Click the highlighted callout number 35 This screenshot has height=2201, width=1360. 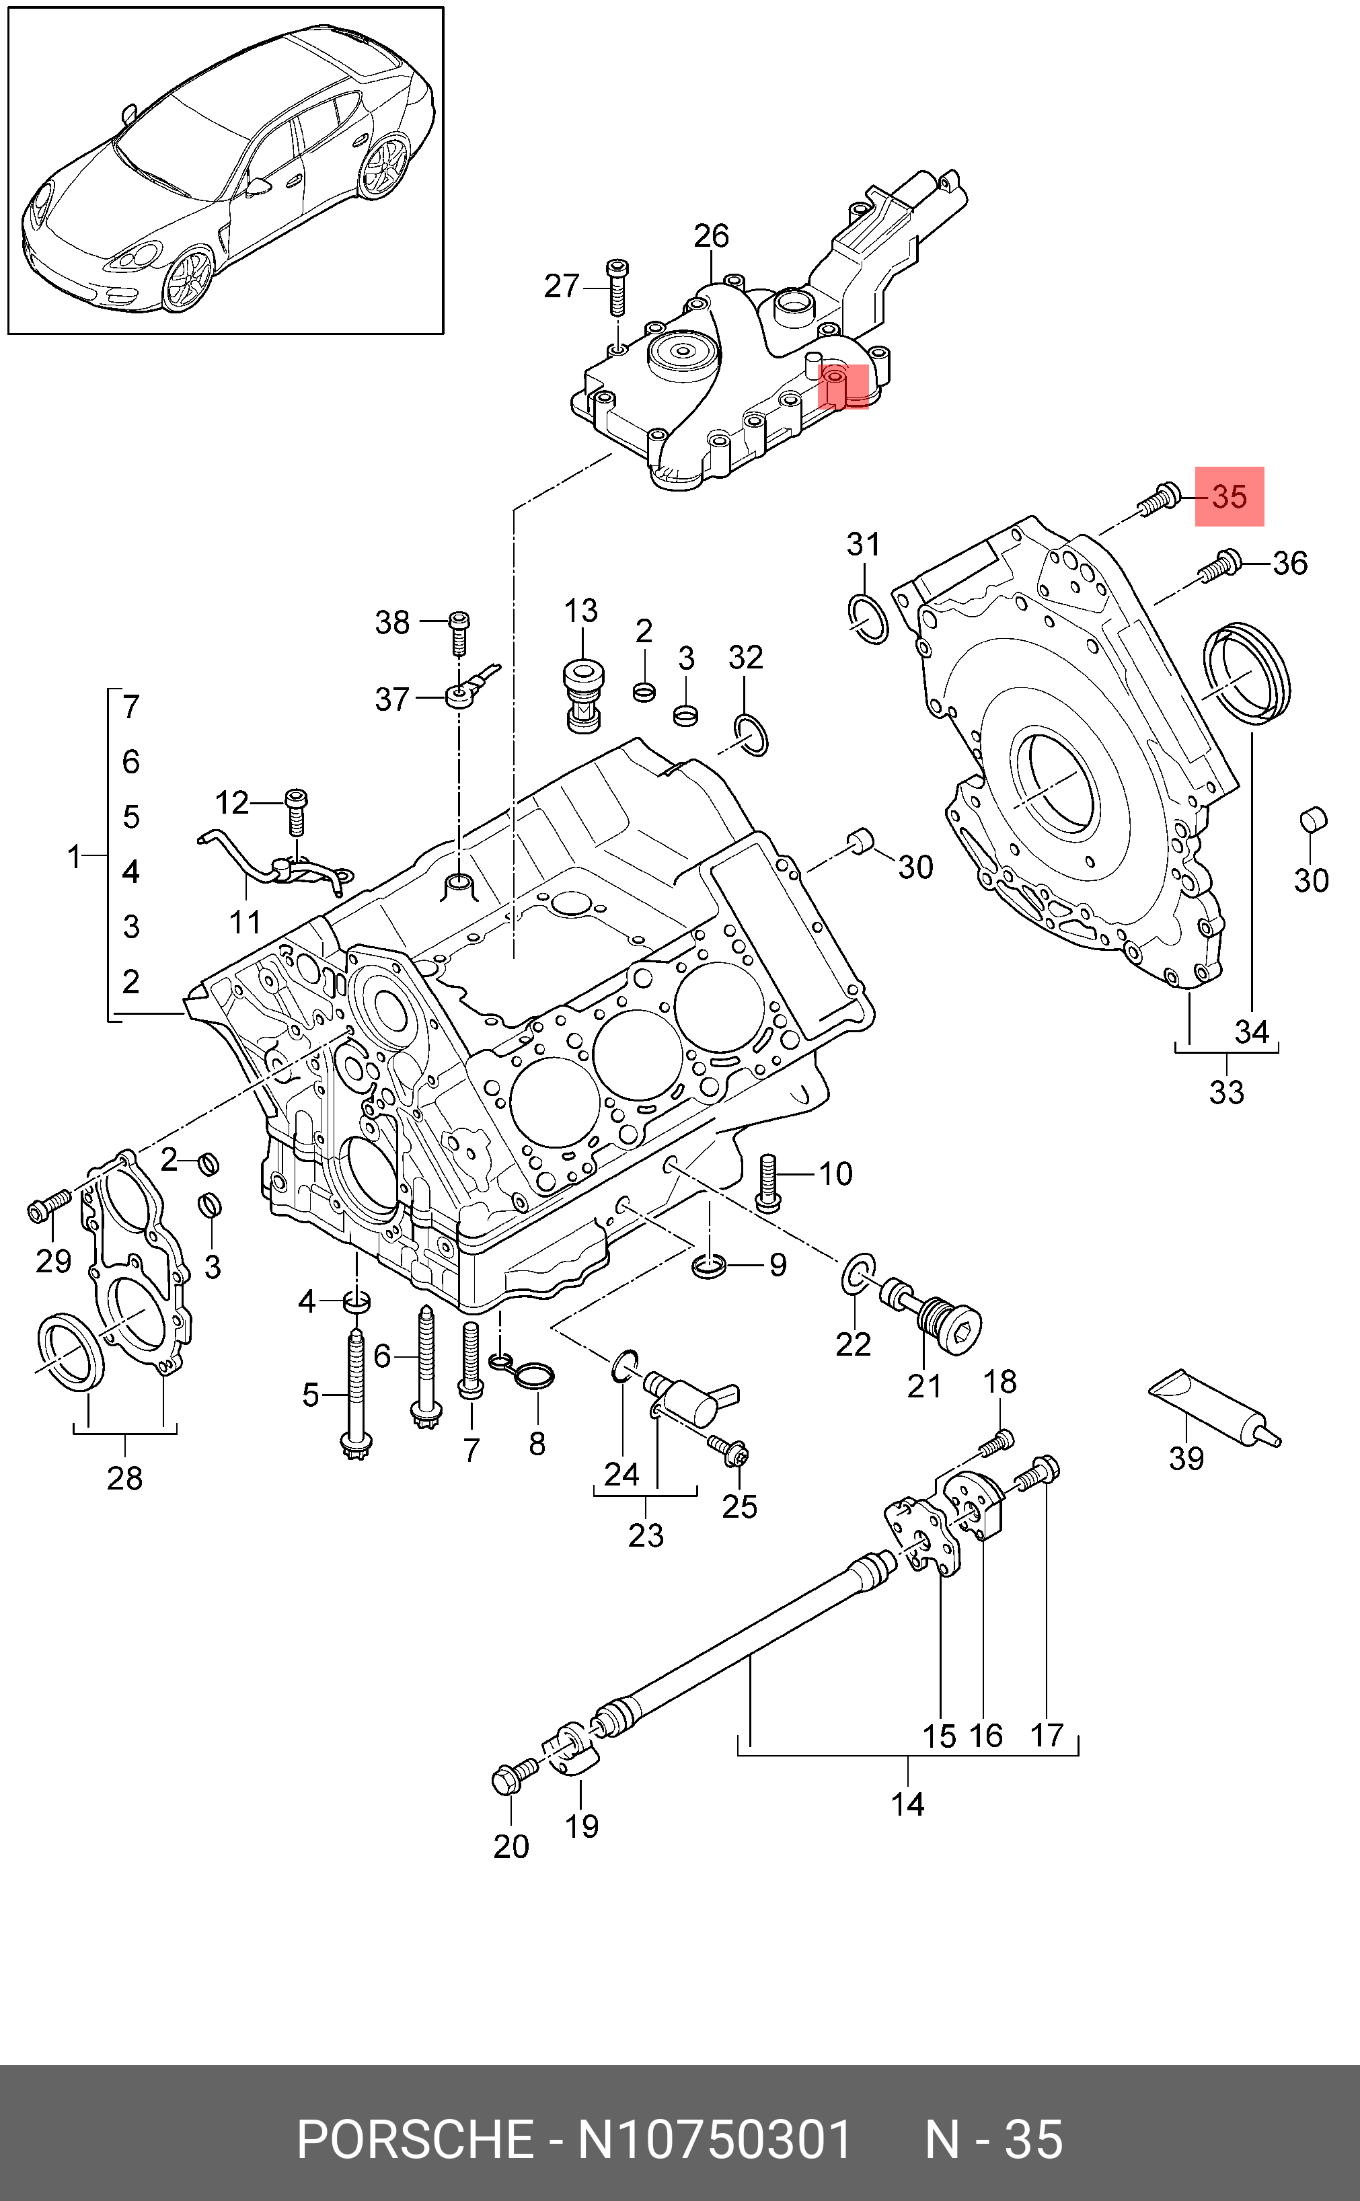point(1230,496)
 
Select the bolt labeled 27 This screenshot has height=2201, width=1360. point(617,287)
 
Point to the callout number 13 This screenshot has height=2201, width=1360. point(581,611)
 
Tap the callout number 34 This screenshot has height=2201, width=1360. point(1251,1032)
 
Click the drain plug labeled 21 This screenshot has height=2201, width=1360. point(931,1317)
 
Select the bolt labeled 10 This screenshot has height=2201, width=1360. point(767,1182)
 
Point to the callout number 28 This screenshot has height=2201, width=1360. point(124,1478)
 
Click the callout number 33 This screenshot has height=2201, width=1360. point(1226,1092)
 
